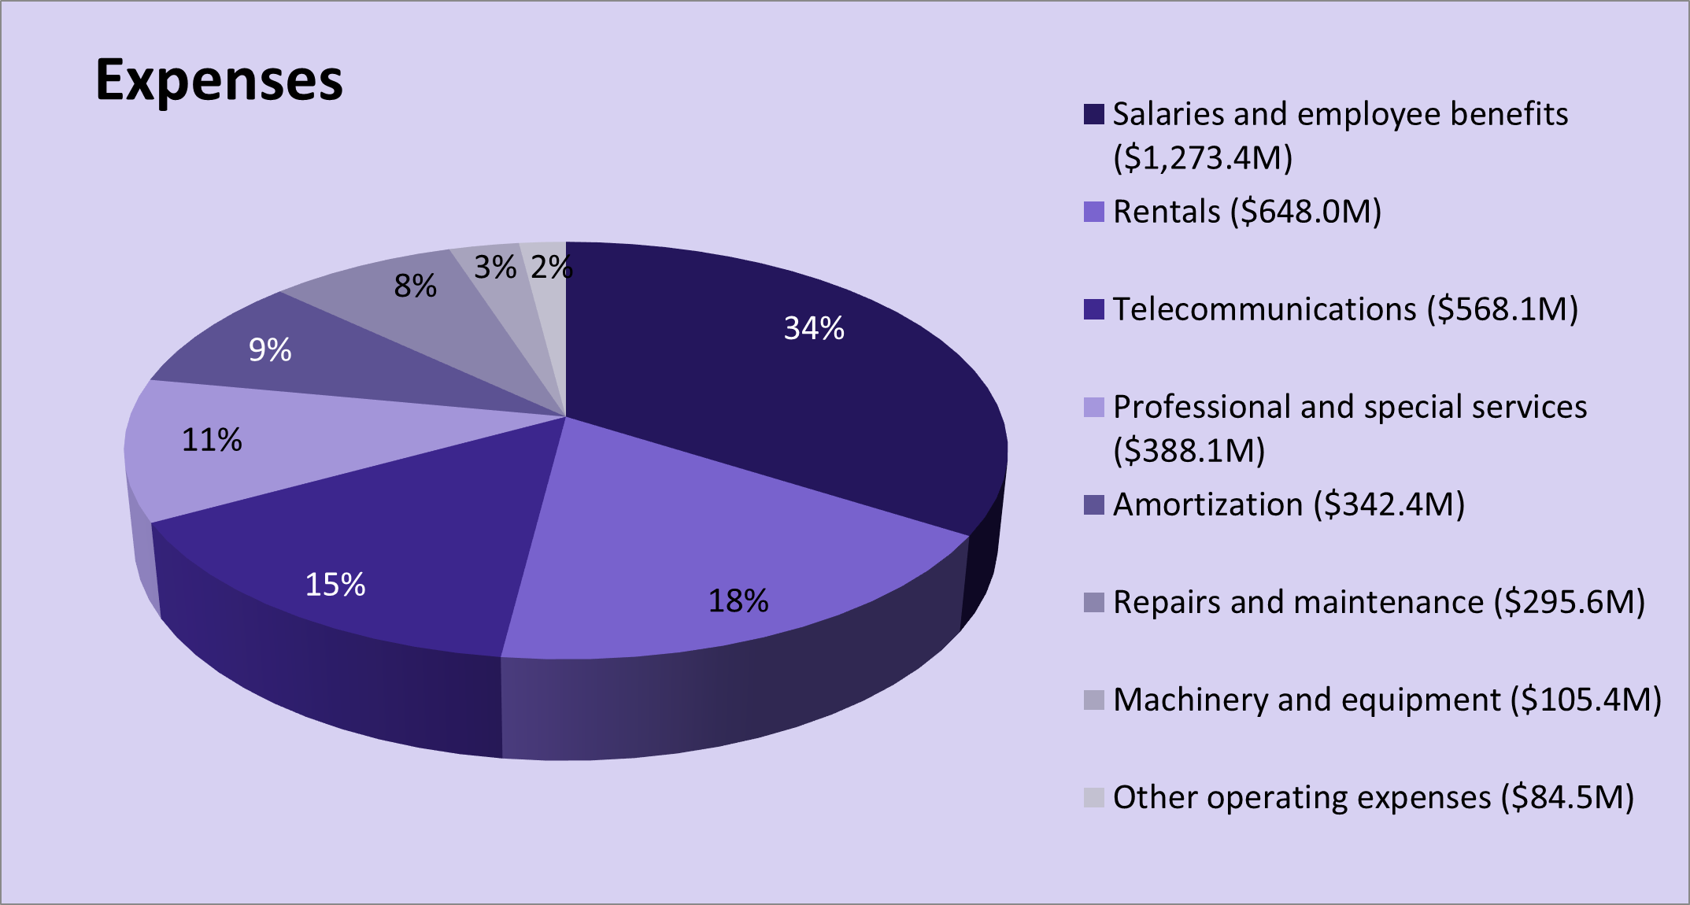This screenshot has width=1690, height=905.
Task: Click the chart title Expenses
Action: click(x=219, y=80)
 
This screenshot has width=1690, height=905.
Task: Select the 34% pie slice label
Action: click(x=814, y=328)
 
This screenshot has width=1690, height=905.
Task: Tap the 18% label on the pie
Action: click(x=738, y=601)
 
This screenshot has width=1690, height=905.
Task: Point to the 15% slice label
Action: click(x=335, y=585)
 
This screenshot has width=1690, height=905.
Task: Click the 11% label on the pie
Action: click(x=212, y=440)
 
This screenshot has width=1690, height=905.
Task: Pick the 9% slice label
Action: click(x=270, y=350)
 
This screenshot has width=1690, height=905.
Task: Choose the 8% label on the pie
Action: click(x=415, y=286)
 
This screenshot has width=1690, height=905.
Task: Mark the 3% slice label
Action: click(x=495, y=268)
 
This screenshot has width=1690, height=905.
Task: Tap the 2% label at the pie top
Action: click(x=551, y=268)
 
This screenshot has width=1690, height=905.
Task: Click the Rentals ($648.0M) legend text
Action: click(x=1247, y=212)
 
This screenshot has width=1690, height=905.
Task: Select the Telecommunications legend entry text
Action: click(x=1345, y=309)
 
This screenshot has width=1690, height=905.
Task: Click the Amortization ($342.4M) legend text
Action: click(x=1289, y=504)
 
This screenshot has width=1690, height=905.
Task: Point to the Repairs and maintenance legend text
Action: click(x=1378, y=602)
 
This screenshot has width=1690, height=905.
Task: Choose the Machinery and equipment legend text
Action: click(x=1387, y=700)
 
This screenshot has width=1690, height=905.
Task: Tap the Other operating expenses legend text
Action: click(x=1373, y=797)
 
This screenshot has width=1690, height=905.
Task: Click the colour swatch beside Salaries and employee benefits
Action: click(x=1094, y=114)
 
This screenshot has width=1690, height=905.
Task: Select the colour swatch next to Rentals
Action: click(x=1094, y=212)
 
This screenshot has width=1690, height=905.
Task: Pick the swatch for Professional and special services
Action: click(x=1094, y=407)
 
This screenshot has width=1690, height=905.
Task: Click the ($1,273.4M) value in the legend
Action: click(x=1203, y=158)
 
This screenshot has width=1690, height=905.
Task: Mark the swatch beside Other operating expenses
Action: click(x=1094, y=797)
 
